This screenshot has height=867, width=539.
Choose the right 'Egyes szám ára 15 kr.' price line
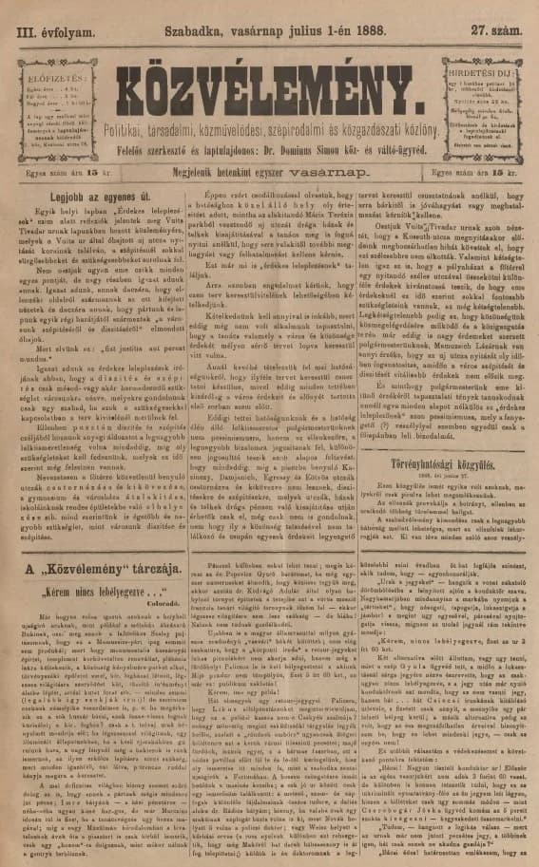pos(481,175)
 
